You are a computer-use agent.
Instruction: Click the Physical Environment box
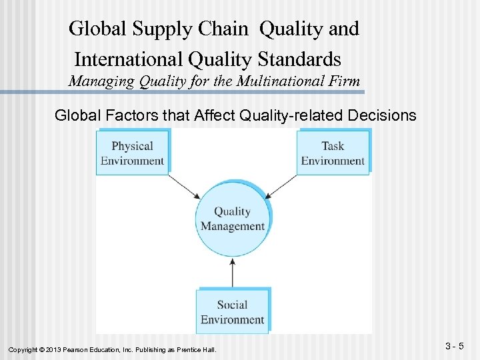tap(132, 153)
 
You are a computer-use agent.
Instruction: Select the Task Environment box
tap(333, 153)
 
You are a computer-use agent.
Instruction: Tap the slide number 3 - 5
tap(457, 346)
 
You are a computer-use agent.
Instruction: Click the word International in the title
tap(129, 59)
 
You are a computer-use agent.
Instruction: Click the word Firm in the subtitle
tap(345, 82)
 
